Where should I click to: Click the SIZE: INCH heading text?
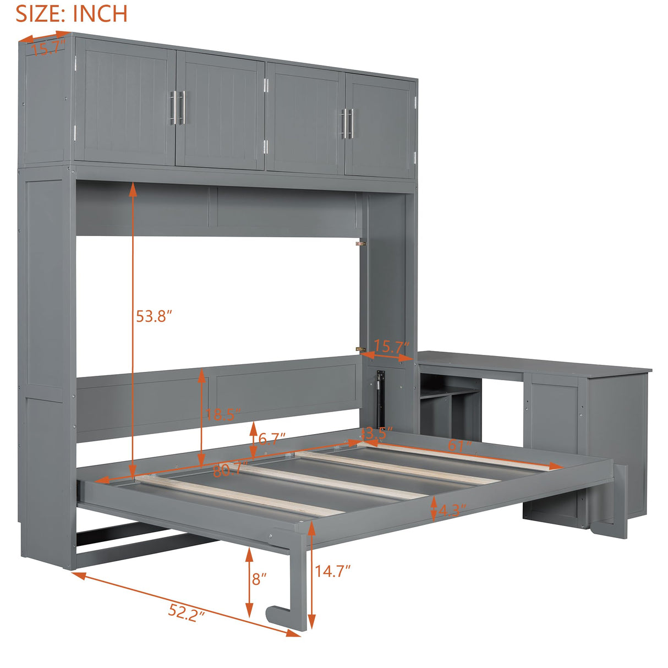pyautogui.click(x=72, y=13)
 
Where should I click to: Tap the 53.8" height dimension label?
pyautogui.click(x=154, y=316)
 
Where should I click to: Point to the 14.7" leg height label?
pyautogui.click(x=332, y=571)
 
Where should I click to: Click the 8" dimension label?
pyautogui.click(x=259, y=579)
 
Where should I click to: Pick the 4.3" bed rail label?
pyautogui.click(x=452, y=510)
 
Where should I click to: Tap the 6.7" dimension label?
pyautogui.click(x=272, y=439)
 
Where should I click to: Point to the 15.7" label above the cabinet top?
pyautogui.click(x=48, y=49)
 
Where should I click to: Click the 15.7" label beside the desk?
pyautogui.click(x=391, y=347)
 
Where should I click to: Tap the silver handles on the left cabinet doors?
pyautogui.click(x=177, y=107)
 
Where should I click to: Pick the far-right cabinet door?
pyautogui.click(x=380, y=127)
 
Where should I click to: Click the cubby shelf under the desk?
pyautogui.click(x=448, y=407)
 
